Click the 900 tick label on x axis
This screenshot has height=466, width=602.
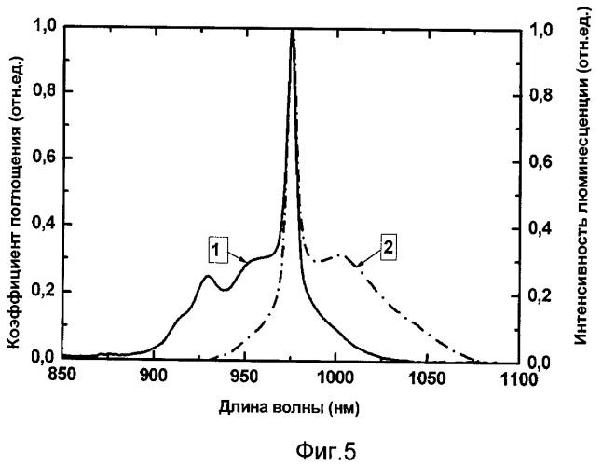tap(153, 377)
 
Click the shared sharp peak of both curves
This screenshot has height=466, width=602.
tap(293, 31)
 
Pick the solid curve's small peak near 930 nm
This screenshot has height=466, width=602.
tap(208, 276)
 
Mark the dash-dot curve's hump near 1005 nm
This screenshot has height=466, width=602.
tap(343, 254)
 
